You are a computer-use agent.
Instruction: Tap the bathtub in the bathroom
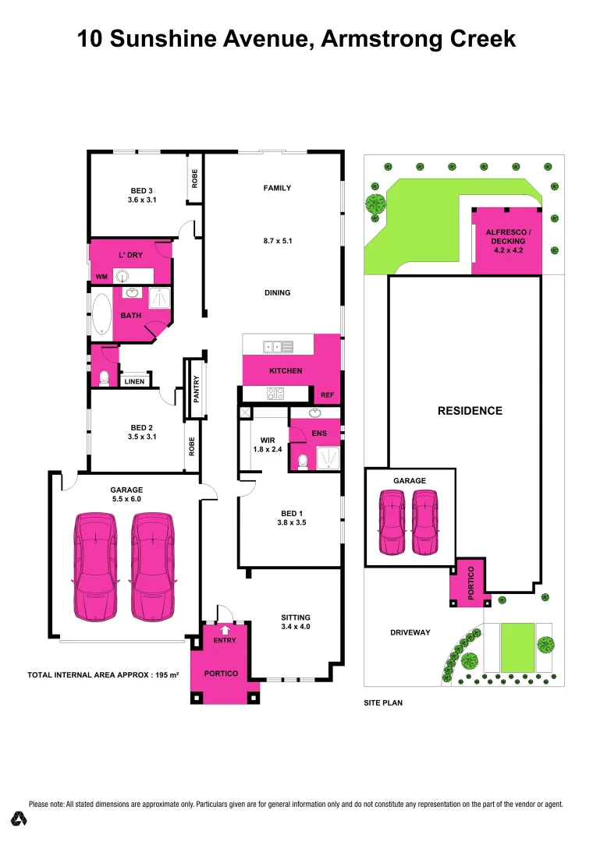102,314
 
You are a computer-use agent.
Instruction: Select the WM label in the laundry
101,276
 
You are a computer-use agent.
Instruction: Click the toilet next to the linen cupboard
103,377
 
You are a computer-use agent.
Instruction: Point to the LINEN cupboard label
134,381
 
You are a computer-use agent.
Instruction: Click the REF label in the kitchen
327,396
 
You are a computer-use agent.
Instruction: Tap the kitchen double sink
277,346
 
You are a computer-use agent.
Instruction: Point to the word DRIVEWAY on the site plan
410,632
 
